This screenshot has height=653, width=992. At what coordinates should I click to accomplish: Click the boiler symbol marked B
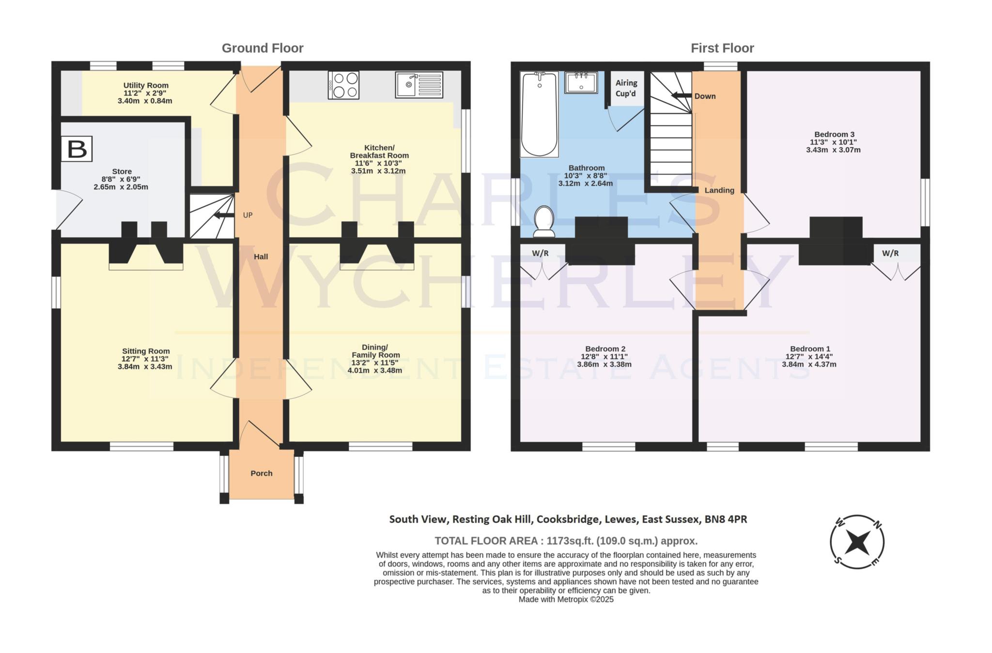click(77, 149)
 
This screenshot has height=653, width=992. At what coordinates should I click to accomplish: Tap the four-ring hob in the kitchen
click(343, 85)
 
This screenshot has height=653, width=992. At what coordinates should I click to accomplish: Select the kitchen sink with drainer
click(419, 85)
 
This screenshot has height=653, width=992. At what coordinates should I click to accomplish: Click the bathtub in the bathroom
click(539, 114)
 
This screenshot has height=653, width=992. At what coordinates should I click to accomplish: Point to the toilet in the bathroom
click(544, 221)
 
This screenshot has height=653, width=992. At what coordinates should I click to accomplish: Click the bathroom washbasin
click(581, 82)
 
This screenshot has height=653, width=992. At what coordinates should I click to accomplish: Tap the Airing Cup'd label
click(626, 88)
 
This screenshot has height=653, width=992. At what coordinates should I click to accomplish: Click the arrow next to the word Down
click(681, 96)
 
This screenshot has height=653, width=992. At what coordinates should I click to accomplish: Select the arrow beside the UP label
click(223, 215)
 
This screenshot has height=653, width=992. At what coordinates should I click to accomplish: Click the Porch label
click(262, 473)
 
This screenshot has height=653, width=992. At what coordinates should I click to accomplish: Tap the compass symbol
click(857, 542)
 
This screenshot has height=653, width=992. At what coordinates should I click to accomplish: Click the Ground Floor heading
click(263, 48)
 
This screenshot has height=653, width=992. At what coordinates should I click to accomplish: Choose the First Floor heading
click(722, 48)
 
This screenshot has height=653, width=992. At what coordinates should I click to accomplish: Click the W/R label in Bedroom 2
click(540, 253)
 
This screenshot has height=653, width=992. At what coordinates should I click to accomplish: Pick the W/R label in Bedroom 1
click(890, 253)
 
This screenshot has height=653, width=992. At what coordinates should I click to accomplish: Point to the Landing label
click(719, 190)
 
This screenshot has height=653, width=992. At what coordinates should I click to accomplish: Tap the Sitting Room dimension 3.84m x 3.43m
click(145, 366)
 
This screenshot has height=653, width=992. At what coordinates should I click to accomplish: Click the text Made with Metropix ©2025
click(566, 599)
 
